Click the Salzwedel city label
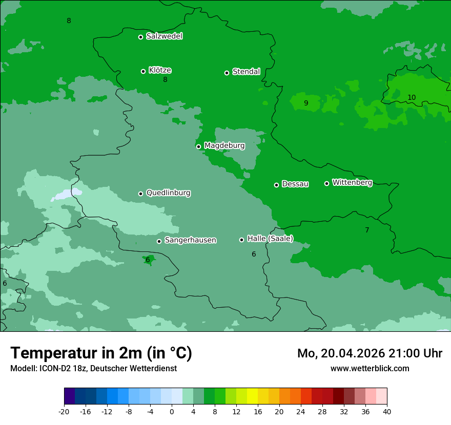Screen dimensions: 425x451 (x=164, y=36)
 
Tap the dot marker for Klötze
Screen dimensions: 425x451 (x=143, y=71)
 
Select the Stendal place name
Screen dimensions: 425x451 (x=246, y=72)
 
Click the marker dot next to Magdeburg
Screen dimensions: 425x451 (x=198, y=146)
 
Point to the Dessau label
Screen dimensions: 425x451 (x=295, y=184)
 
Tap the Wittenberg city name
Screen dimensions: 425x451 (x=352, y=182)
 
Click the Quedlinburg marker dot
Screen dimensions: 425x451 (x=140, y=194)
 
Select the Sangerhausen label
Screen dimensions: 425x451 (x=190, y=240)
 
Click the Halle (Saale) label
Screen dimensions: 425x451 (x=270, y=239)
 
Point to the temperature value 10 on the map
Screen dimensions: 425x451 (x=412, y=97)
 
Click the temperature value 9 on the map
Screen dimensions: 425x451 (x=306, y=103)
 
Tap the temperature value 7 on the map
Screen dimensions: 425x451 (x=367, y=230)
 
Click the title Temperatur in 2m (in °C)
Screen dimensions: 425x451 (x=101, y=353)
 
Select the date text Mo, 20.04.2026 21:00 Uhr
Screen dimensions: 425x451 (x=370, y=353)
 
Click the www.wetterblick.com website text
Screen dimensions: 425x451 (x=370, y=368)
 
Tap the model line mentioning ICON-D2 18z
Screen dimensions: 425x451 (x=93, y=368)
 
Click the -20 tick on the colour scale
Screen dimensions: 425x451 (x=64, y=411)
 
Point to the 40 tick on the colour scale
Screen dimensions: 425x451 (x=386, y=411)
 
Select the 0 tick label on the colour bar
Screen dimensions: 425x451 (x=172, y=411)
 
